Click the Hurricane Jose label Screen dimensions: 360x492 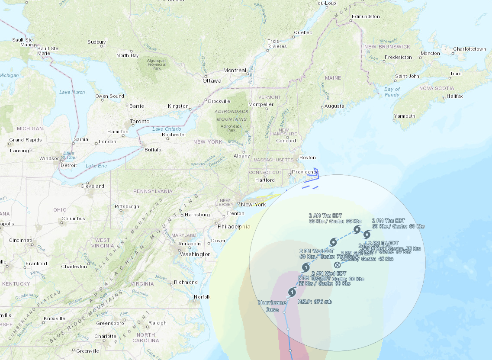point(272,306)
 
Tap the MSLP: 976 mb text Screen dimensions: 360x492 point(314,301)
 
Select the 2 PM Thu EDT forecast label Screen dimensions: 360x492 point(388,221)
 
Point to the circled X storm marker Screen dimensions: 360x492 point(338,265)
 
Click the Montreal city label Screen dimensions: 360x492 point(235,71)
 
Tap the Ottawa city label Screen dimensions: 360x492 point(212,81)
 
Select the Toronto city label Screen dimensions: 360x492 point(140,122)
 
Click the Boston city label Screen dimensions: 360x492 point(308,157)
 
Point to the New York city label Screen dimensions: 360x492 point(254,205)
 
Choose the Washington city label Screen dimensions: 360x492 point(195,254)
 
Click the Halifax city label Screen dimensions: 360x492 point(455,96)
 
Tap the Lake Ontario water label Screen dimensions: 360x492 point(167,129)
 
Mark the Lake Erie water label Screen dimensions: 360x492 point(96,166)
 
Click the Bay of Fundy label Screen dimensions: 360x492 point(392,92)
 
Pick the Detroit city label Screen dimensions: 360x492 point(69,165)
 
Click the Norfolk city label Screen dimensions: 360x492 point(201,297)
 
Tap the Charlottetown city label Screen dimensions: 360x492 point(469,49)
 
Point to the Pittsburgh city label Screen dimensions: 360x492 point(127,206)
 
